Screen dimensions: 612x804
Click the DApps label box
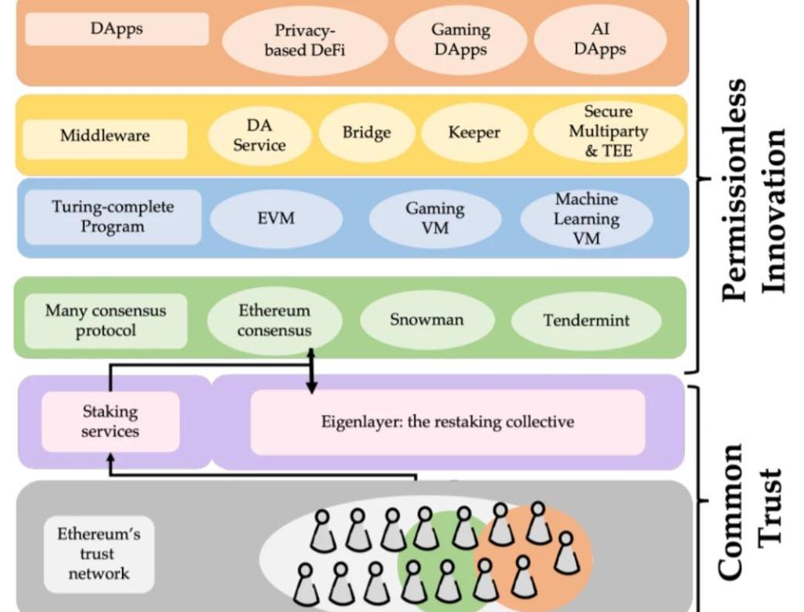117,29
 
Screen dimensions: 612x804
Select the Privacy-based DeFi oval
304,41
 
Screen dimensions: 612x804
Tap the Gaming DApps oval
460,39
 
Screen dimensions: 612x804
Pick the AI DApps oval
600,39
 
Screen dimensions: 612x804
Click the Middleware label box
105,137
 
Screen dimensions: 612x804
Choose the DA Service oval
260,134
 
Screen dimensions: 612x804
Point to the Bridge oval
367,133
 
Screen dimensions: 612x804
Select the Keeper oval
474,133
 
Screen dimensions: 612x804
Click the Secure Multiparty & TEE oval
608,131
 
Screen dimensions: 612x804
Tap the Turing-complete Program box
113,217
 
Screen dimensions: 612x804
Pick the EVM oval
276,218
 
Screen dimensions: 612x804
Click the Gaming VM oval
435,218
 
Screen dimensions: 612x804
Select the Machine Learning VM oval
586,219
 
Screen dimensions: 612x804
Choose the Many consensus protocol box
105,320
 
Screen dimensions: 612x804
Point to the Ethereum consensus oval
274,320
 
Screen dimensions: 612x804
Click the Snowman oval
426,320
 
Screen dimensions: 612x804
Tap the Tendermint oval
585,320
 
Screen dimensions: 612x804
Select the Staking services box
110,421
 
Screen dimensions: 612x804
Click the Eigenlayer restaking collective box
447,422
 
